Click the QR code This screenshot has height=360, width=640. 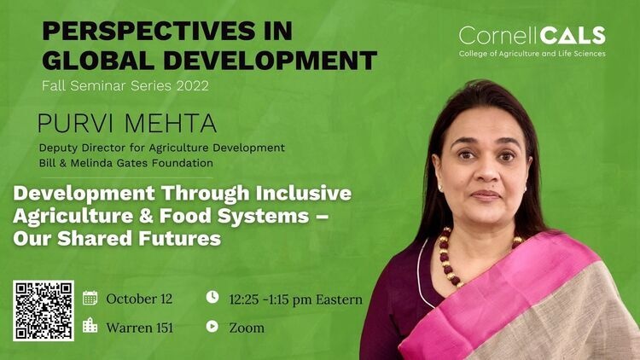pos(44,311)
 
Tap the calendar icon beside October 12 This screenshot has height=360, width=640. pos(90,298)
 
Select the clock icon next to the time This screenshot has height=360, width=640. pos(212,297)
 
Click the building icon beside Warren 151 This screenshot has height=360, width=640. pos(90,326)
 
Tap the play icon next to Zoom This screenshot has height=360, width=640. pos(212,326)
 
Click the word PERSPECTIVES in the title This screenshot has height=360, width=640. pos(148,31)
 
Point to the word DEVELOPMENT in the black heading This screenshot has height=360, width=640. pos(271,61)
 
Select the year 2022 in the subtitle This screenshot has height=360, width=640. pos(193,85)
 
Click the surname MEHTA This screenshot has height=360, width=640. pos(171,123)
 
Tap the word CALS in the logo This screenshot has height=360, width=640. pos(567,36)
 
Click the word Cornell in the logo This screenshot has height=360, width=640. pos(494,36)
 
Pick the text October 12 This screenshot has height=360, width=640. pos(139,299)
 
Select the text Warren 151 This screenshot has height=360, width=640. pos(140,328)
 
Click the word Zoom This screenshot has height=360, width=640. pos(247,328)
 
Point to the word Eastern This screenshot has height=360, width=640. pos(339,299)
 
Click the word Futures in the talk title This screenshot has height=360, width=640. pos(179,238)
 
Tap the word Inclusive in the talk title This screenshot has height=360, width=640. pos(304,193)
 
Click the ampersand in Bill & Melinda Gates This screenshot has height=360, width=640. pos(62,163)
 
